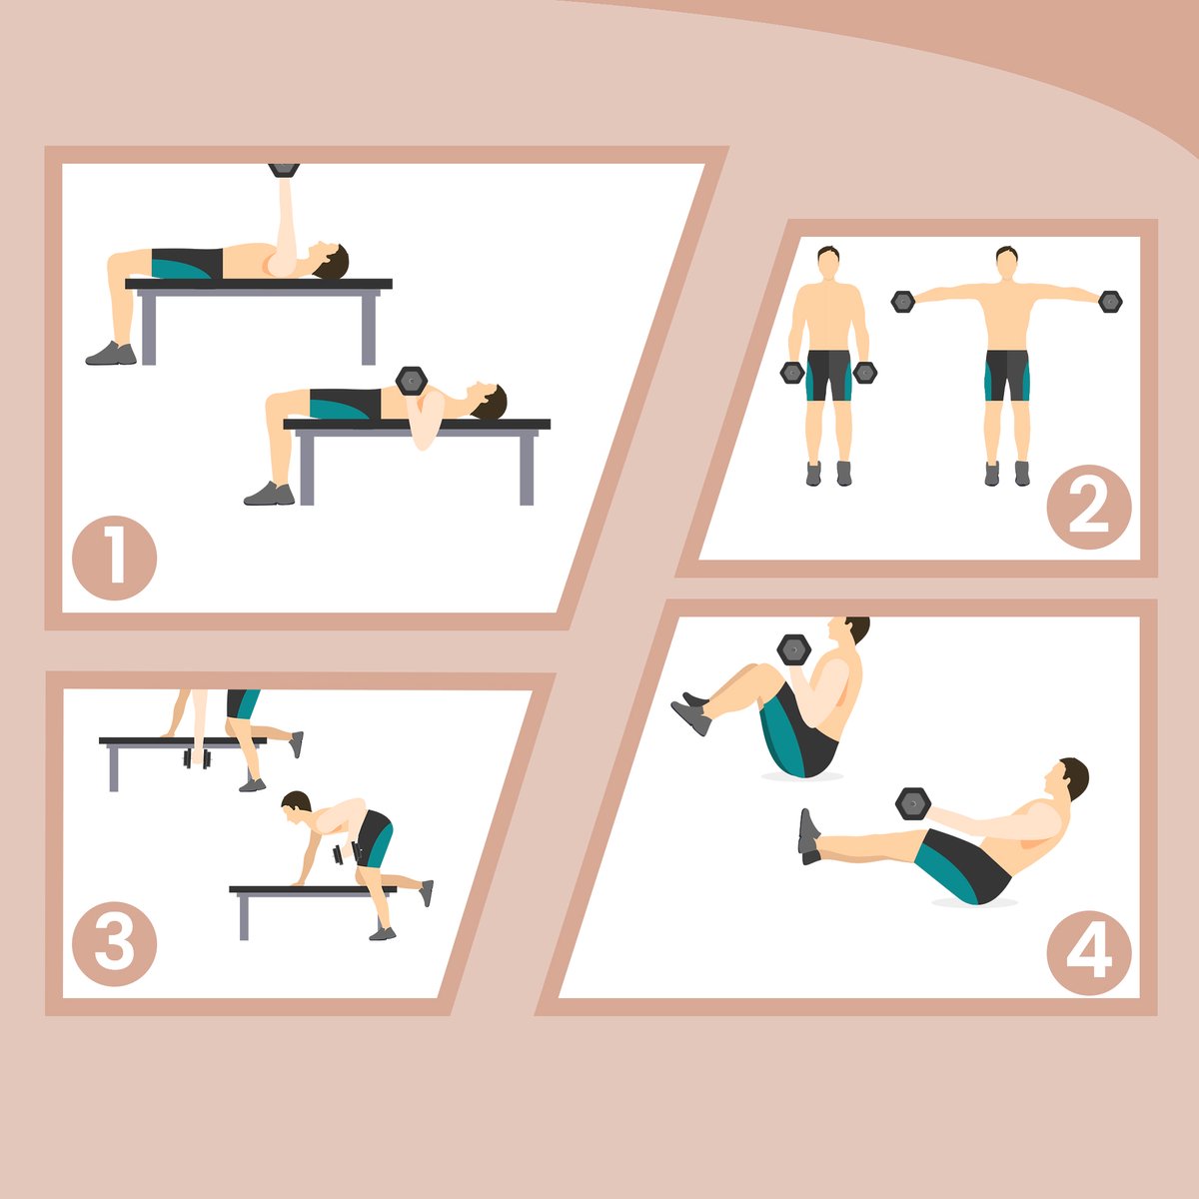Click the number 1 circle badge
[115, 558]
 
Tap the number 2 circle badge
[1089, 507]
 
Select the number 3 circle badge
[115, 943]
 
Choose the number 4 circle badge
[1089, 952]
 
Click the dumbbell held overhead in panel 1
[284, 170]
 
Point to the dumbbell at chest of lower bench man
[412, 381]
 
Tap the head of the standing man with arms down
[828, 263]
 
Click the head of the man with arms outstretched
[1006, 263]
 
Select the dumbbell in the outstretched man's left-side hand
[902, 302]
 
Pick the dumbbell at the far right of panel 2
[1110, 302]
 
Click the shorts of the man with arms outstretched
[1007, 376]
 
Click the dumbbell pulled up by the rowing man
[347, 853]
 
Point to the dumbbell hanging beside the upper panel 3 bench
[197, 758]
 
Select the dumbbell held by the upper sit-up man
[794, 650]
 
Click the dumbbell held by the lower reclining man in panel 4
[913, 804]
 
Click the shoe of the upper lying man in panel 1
[111, 354]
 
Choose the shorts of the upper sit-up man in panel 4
[798, 731]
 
